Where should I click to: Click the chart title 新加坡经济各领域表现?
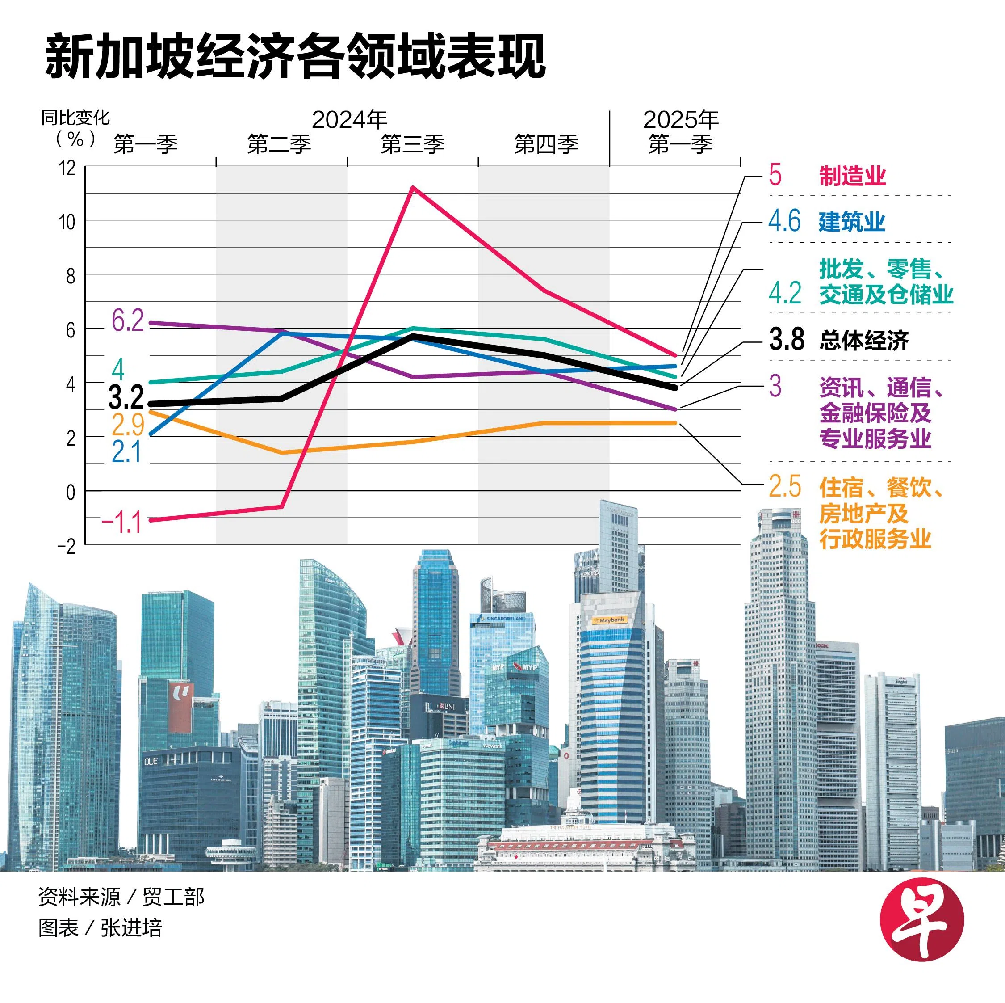click(295, 57)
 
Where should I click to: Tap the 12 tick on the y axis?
click(67, 168)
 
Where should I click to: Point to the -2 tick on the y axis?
click(66, 546)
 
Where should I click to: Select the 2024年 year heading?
click(350, 120)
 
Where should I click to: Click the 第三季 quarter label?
click(413, 144)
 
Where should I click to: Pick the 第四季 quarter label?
click(546, 144)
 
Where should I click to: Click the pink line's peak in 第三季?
click(413, 187)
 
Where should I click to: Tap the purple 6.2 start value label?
click(127, 320)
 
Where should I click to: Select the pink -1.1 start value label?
click(121, 522)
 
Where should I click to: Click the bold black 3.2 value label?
click(126, 397)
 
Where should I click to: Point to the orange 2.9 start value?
click(127, 425)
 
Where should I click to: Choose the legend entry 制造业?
click(852, 176)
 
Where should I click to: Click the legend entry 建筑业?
click(851, 222)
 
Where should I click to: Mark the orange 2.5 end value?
click(785, 486)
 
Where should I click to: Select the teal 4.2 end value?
click(784, 293)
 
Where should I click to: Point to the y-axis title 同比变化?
click(75, 118)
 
